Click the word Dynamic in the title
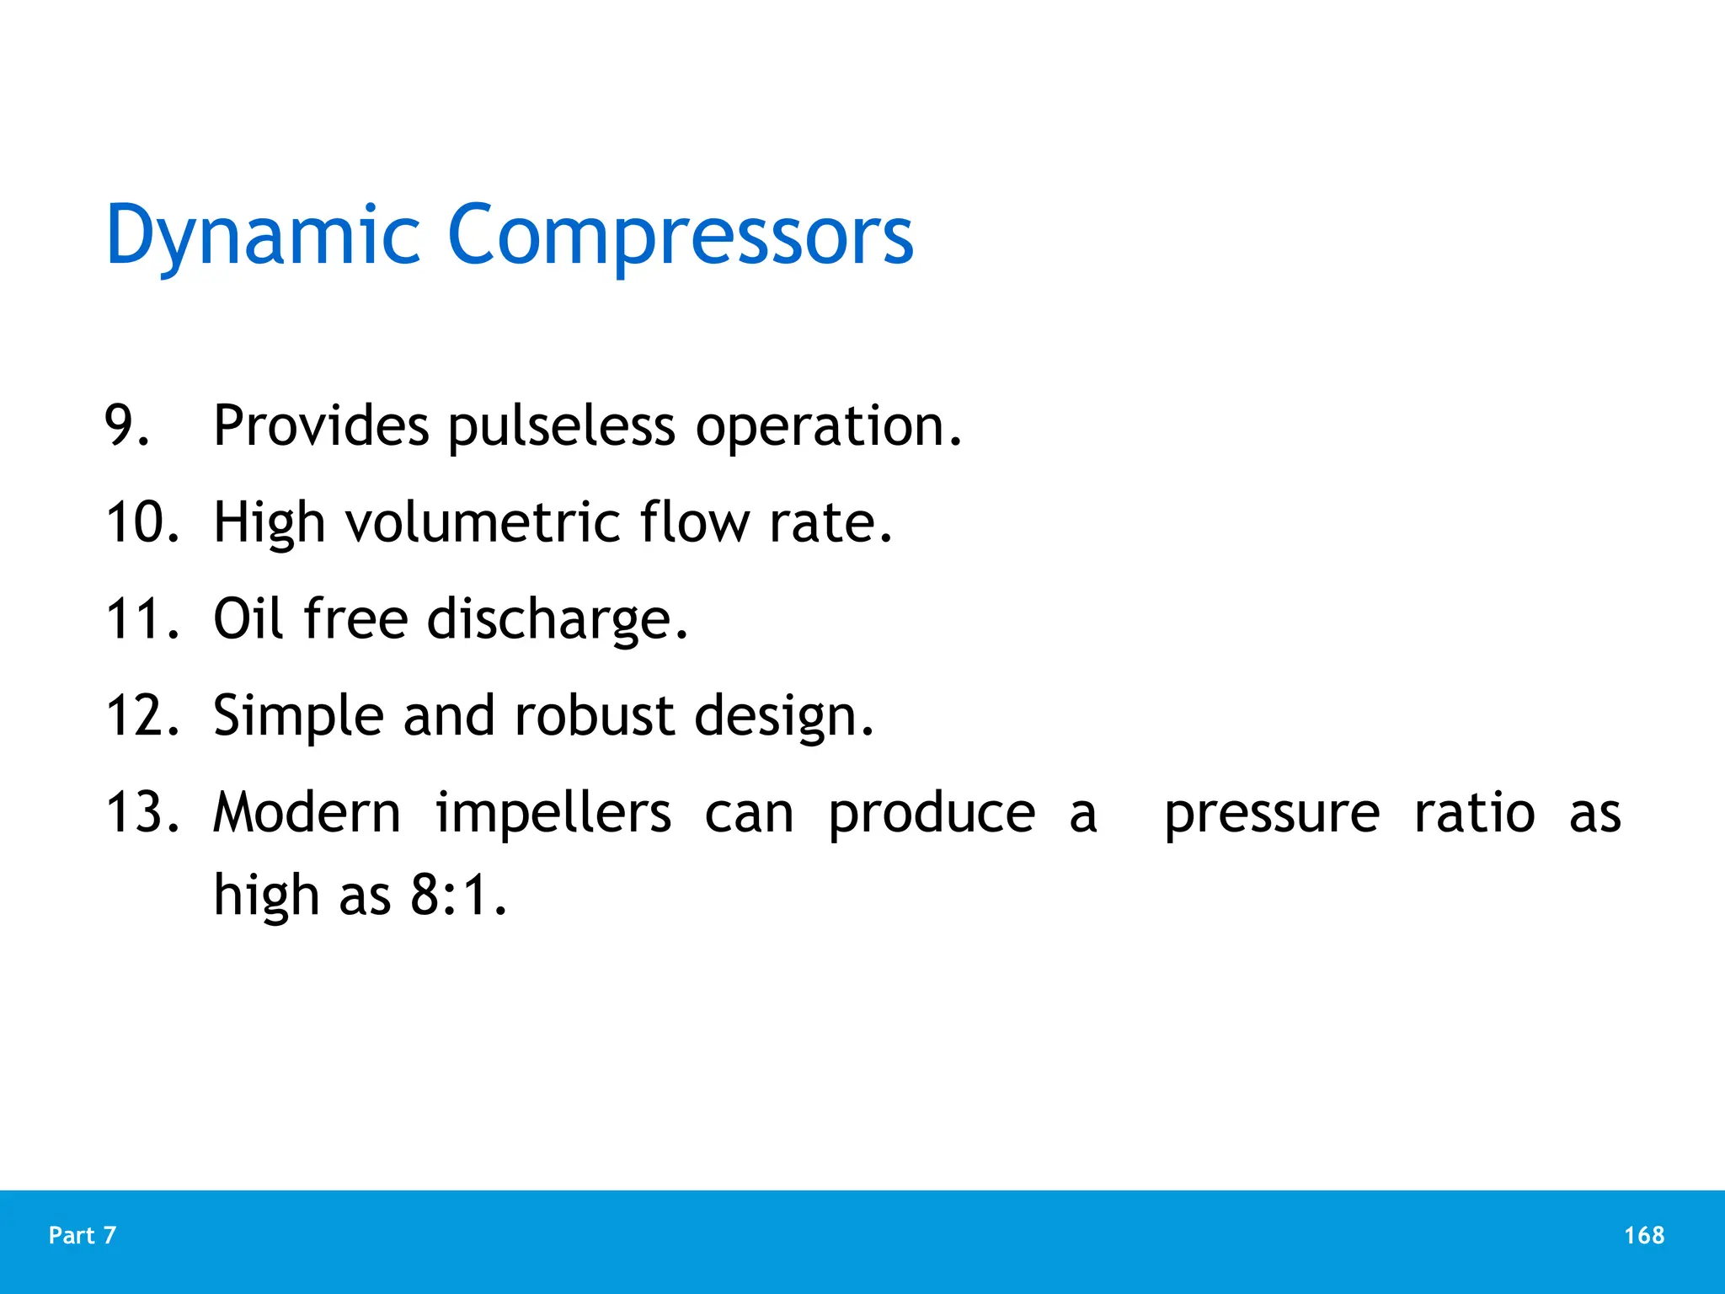(x=262, y=236)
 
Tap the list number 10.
(x=142, y=522)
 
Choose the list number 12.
(x=142, y=716)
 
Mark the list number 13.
(x=142, y=813)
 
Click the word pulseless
(x=561, y=427)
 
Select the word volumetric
(x=483, y=523)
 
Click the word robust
(x=595, y=716)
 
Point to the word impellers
(x=553, y=815)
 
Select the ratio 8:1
(x=458, y=895)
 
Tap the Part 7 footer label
(x=83, y=1236)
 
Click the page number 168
(x=1643, y=1236)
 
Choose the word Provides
(x=321, y=425)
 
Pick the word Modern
(x=307, y=813)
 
